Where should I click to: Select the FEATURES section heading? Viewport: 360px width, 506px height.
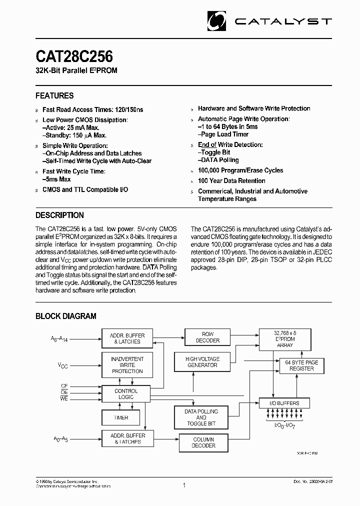coord(54,95)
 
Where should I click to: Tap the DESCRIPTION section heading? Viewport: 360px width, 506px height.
coord(59,215)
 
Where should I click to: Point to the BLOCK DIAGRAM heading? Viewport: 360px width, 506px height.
coord(65,316)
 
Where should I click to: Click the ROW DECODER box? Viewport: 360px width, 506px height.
coord(207,337)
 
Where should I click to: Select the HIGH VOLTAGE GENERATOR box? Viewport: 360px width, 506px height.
coord(201,362)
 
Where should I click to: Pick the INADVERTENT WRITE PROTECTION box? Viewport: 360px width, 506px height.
coord(127,365)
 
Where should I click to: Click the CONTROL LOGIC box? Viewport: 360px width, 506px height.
coord(126,394)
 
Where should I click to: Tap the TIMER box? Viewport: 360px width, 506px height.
coord(121,417)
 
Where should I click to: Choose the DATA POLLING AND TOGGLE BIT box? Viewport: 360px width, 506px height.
coord(201,417)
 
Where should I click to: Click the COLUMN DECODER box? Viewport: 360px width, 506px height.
coord(203,442)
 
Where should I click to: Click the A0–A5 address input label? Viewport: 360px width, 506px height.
coord(60,439)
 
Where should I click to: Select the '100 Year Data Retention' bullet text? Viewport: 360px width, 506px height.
coord(231,181)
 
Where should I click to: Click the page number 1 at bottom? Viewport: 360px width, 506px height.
coord(184,485)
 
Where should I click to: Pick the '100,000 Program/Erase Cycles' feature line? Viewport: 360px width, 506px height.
coord(240,170)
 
